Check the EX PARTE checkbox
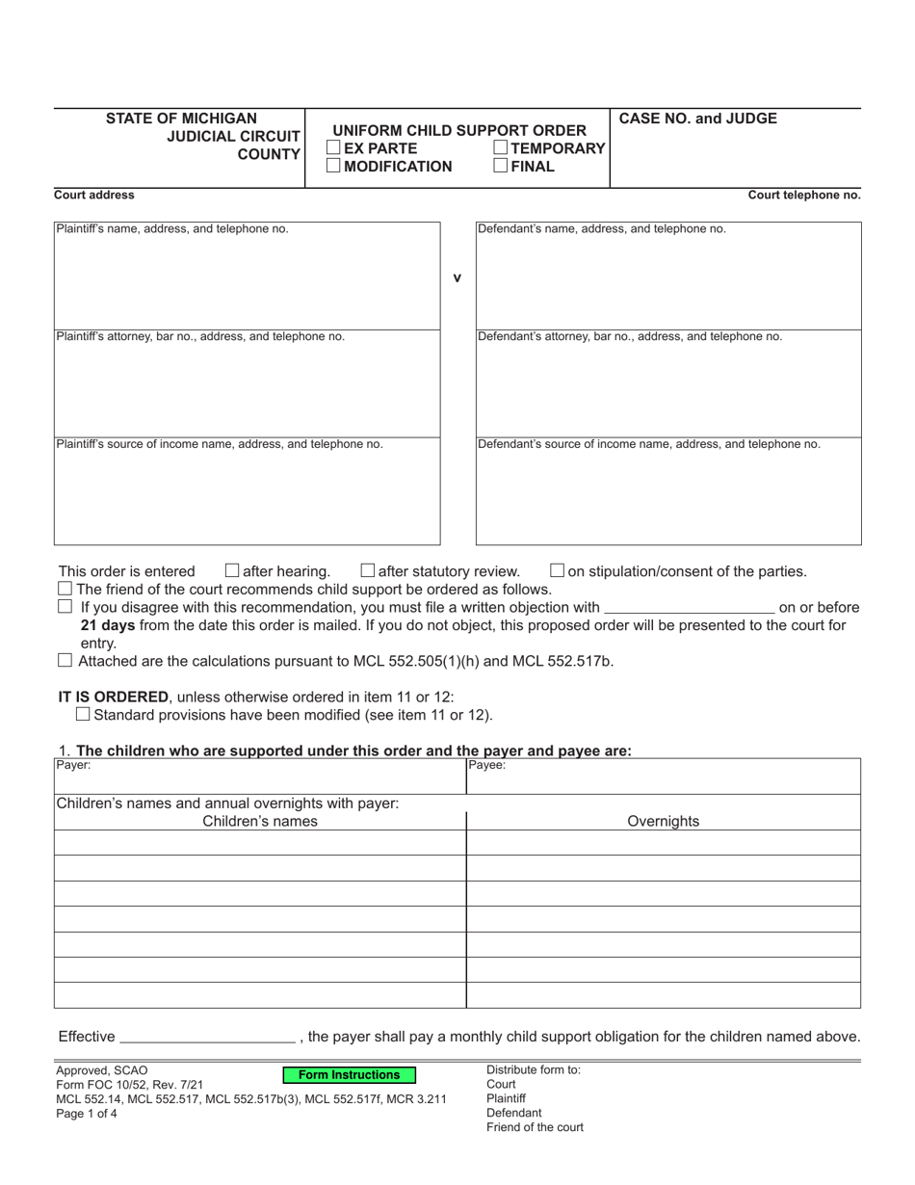pos(333,148)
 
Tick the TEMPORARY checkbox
pos(501,148)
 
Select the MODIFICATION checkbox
pos(333,166)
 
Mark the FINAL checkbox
pos(501,166)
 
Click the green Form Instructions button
pos(349,1075)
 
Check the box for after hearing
pos(231,570)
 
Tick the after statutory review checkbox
pos(367,570)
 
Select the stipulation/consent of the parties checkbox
pos(557,570)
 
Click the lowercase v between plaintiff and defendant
pos(457,278)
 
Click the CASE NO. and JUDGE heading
pos(697,118)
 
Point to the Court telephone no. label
pos(804,195)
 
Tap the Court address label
pos(94,195)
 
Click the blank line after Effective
pos(206,1037)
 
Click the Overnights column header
pos(663,822)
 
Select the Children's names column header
pos(259,822)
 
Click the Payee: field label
pos(486,766)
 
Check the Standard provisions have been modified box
pos(83,714)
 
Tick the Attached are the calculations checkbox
pos(65,660)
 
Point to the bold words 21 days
pos(107,625)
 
